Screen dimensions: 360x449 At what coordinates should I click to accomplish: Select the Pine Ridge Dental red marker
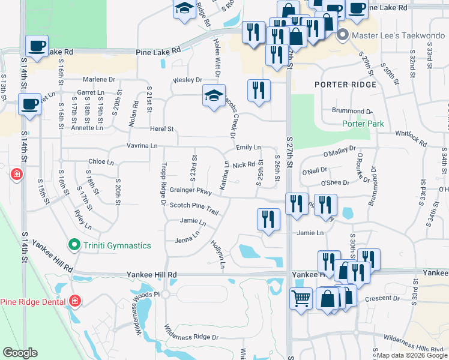(x=75, y=301)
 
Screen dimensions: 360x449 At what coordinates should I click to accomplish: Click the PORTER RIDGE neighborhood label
(x=346, y=85)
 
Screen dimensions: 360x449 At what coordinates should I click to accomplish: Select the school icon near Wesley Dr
(x=214, y=96)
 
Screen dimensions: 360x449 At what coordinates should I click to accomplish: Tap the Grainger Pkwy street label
(x=190, y=191)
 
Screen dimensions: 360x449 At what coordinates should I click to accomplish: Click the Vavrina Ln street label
(x=142, y=146)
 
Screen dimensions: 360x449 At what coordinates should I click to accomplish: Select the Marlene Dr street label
(x=99, y=79)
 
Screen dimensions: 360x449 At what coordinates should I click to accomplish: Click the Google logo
(x=20, y=353)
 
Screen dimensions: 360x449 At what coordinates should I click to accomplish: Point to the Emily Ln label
(x=248, y=147)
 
